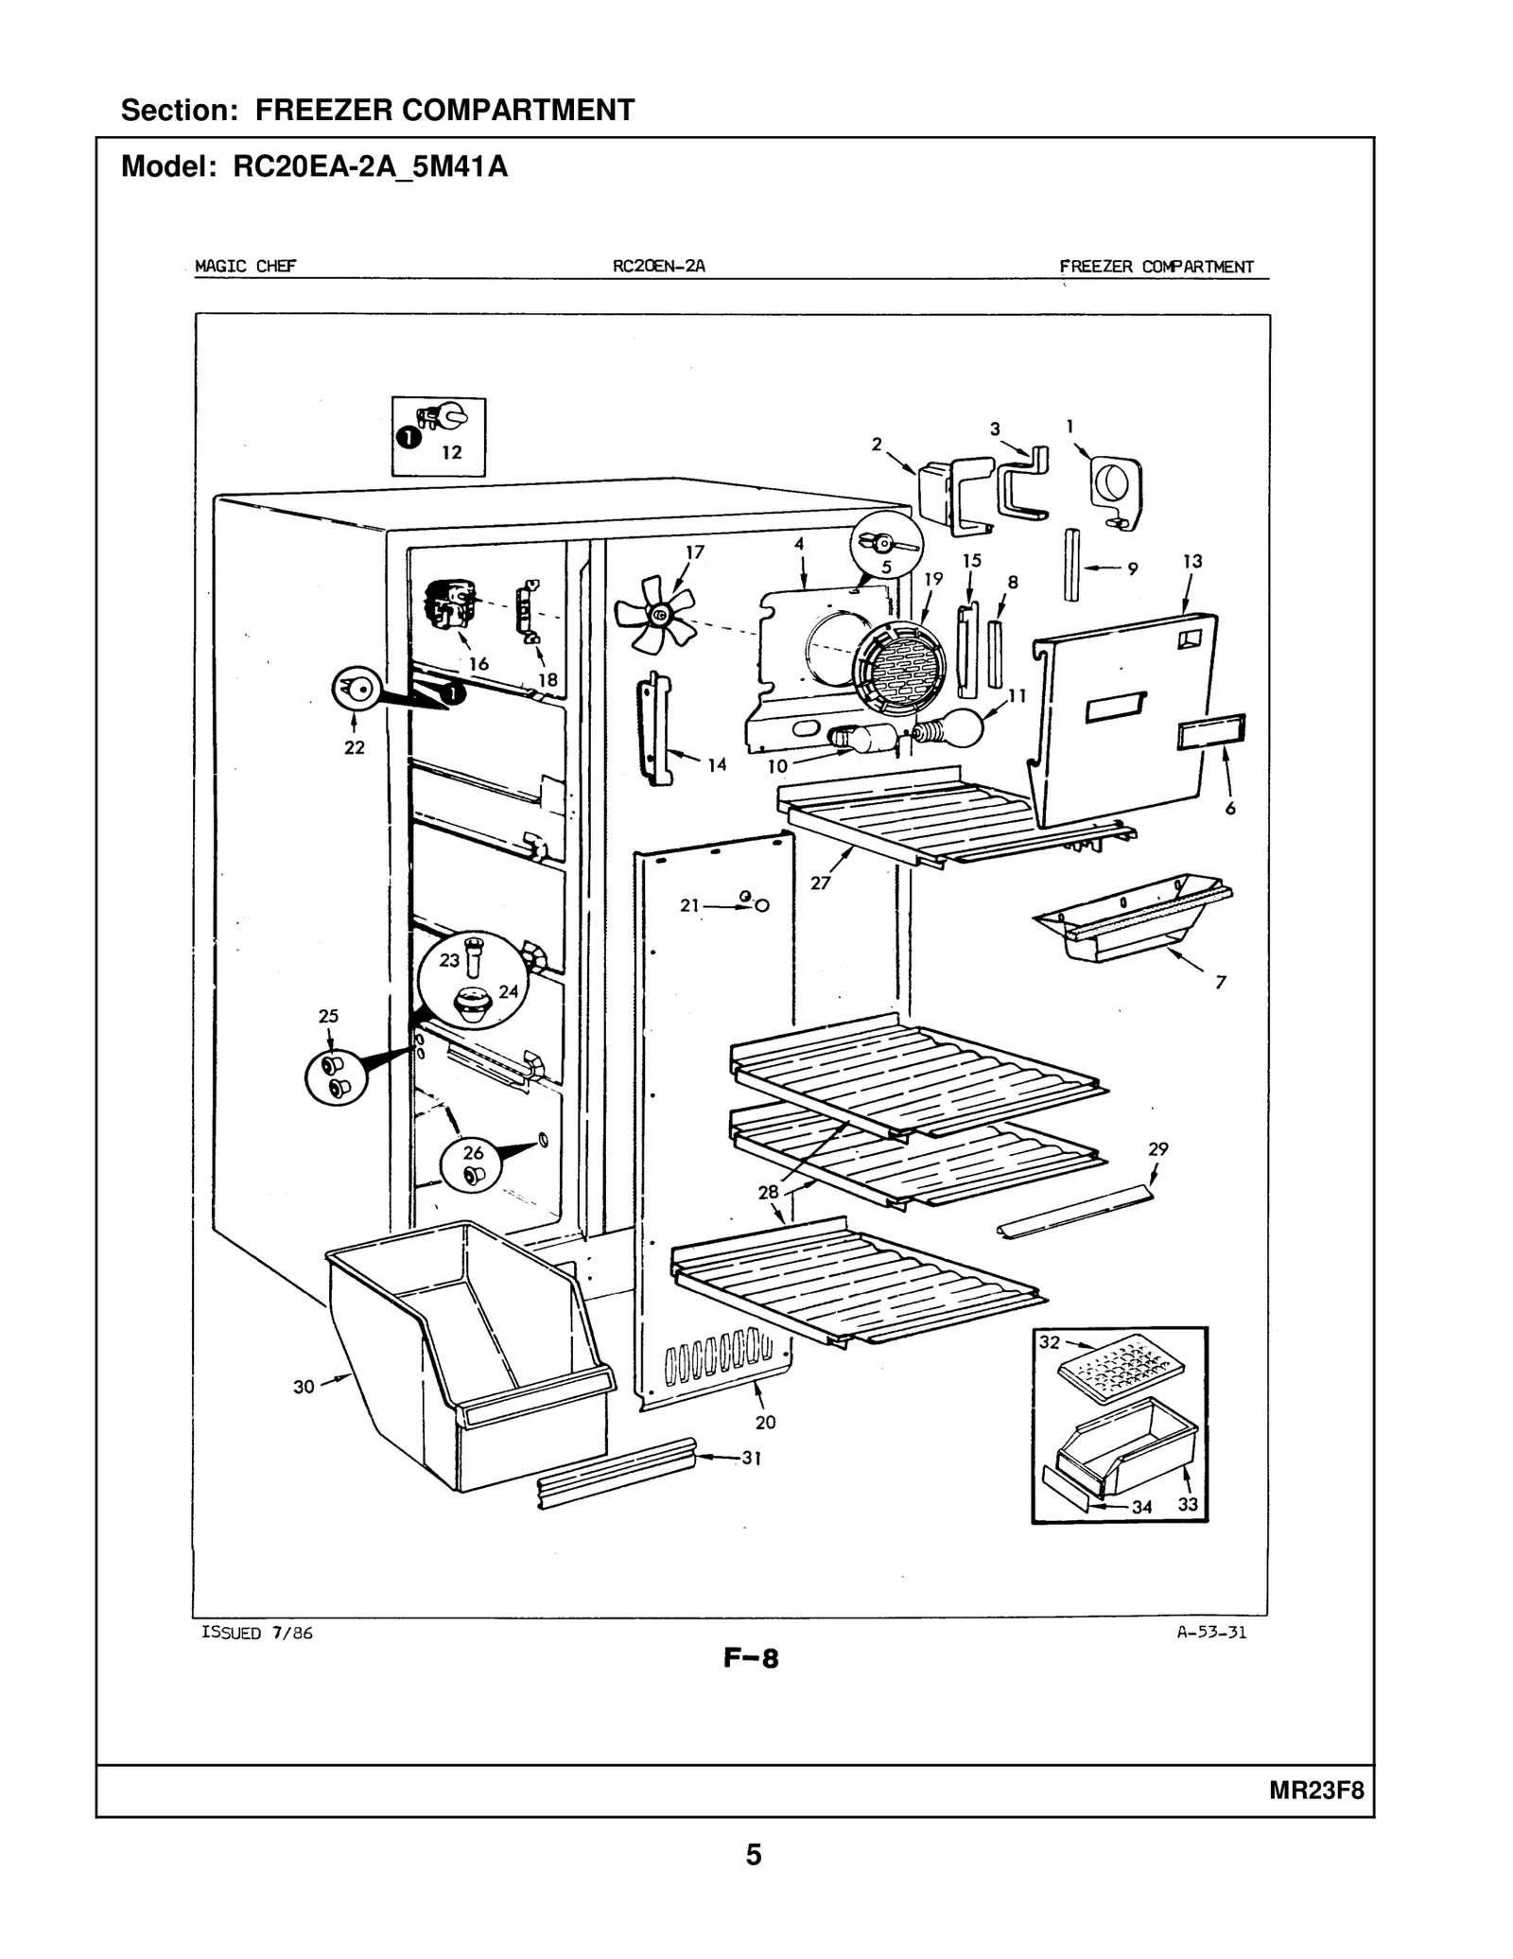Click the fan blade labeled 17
(654, 616)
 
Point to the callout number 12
(452, 452)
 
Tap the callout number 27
(820, 883)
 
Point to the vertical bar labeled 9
(1071, 564)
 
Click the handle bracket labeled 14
(653, 728)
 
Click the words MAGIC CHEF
(245, 266)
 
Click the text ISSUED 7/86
(257, 1633)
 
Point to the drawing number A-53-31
(1211, 1632)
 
